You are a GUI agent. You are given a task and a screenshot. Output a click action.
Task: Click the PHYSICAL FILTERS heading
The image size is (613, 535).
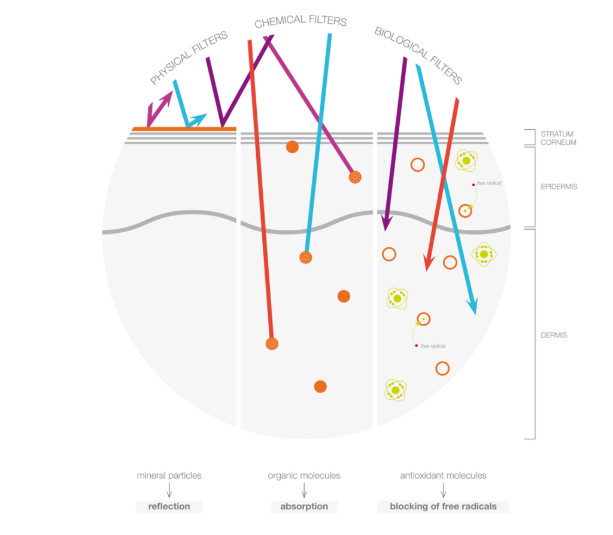coord(189,57)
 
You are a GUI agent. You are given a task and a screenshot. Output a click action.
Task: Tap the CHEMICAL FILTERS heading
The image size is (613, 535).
coord(301,21)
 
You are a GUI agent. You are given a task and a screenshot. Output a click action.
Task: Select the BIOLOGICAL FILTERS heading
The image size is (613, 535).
coord(418,55)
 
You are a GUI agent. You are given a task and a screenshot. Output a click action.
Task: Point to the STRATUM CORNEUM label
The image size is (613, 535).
coord(559,138)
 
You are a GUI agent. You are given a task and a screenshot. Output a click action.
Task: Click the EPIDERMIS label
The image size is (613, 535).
coord(559,187)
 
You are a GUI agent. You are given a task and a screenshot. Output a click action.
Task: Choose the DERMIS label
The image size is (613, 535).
coord(554,335)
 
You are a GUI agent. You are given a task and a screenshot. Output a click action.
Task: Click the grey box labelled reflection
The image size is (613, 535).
coord(169,506)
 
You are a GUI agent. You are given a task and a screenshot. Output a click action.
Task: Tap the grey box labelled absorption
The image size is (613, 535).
coord(304,506)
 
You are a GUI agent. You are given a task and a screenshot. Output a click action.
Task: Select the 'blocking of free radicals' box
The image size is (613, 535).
coord(444,506)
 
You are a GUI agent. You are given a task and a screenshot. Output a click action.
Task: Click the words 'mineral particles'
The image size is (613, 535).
coord(169,476)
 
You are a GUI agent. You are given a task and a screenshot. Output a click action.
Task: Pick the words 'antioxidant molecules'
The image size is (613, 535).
coord(444,476)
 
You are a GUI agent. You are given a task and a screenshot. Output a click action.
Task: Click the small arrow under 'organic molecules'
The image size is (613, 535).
coord(304,490)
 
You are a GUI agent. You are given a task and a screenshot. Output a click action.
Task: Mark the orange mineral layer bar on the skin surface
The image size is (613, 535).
coord(184,129)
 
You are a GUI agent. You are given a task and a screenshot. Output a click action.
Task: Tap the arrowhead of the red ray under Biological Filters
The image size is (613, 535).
coord(429,263)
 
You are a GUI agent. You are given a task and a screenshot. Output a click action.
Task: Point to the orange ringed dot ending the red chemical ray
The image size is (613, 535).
coord(272,344)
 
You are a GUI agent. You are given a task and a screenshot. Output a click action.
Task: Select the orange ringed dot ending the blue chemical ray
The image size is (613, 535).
coord(306,257)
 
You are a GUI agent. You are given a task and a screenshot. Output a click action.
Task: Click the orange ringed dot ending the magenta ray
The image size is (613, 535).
coord(355,177)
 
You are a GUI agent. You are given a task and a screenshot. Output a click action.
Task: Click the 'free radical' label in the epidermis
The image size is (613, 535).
coord(488,183)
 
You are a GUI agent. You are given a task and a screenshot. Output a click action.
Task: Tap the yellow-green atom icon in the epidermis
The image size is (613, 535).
coord(466,160)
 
